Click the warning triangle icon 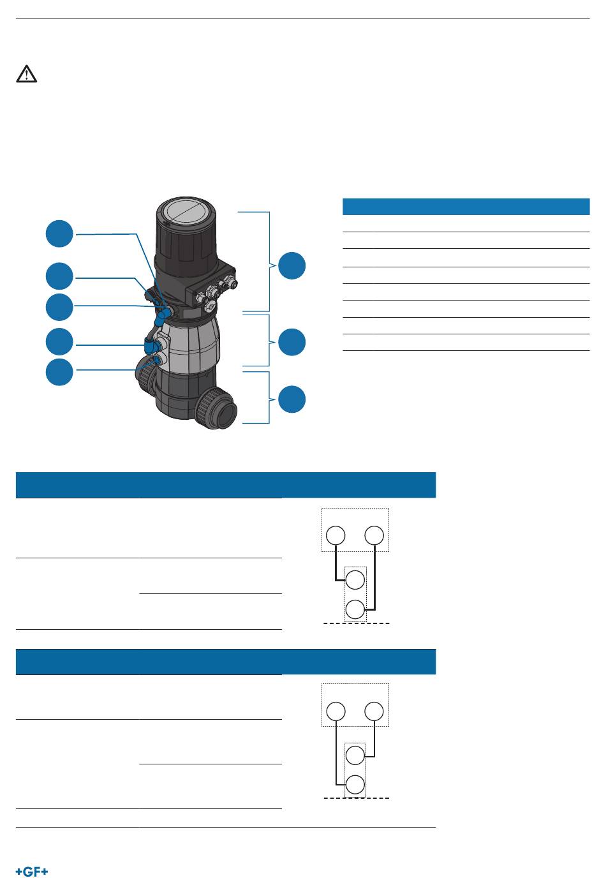point(26,74)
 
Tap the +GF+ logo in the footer point(32,872)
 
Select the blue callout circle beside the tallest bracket point(292,265)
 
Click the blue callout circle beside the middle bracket point(292,342)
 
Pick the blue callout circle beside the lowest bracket point(292,399)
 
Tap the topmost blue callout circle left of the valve point(59,234)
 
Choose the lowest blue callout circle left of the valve point(59,372)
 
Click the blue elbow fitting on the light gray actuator point(150,346)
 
